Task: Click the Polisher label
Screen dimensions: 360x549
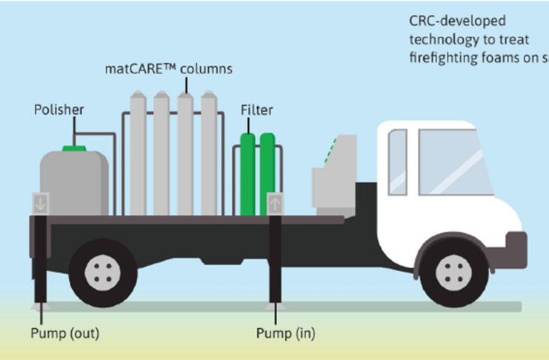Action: [x=59, y=110]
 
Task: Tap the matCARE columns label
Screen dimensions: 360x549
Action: [x=168, y=70]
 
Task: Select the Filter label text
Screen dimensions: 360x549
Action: [x=257, y=110]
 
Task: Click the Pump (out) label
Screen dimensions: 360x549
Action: [x=64, y=333]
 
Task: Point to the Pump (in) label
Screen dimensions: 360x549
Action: [x=285, y=333]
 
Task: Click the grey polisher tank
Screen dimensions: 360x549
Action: [x=74, y=181]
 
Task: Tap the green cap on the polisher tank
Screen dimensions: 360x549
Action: [x=74, y=148]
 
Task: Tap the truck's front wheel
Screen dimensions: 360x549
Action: [x=455, y=272]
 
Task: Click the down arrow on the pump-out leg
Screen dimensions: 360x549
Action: [x=39, y=201]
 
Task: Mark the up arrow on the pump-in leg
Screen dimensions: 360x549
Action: [x=275, y=201]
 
